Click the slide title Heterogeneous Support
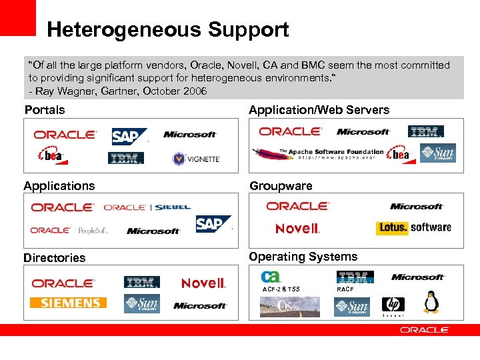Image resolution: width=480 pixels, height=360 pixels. [167, 30]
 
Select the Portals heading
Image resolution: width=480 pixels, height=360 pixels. [45, 109]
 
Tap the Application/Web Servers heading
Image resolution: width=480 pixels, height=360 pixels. [319, 109]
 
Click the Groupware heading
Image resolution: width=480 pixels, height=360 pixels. [281, 185]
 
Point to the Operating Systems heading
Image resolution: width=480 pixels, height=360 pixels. [303, 257]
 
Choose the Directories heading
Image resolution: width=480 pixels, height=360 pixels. [55, 258]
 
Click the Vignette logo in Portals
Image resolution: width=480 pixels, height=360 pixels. [196, 159]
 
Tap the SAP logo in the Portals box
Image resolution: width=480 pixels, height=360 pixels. [128, 136]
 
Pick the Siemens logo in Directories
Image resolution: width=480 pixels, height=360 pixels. [69, 303]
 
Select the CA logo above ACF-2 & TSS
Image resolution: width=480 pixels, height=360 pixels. [271, 277]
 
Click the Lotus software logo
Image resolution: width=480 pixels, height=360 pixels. [413, 227]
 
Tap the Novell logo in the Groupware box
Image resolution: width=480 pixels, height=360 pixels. [297, 229]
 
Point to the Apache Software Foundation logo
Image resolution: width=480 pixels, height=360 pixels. [320, 154]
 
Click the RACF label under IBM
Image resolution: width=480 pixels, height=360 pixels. [345, 289]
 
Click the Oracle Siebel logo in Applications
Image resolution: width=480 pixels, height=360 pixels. [147, 207]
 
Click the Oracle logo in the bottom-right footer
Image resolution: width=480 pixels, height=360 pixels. [424, 330]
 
